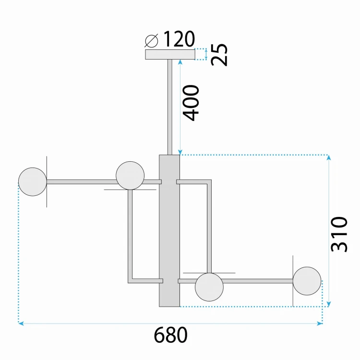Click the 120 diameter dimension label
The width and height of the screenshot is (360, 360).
179,39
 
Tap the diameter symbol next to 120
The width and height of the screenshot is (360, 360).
152,41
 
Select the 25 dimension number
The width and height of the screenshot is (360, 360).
219,55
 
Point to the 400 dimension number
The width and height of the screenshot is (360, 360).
191,103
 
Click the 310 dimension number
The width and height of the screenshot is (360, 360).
339,234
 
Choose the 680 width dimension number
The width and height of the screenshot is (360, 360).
170,335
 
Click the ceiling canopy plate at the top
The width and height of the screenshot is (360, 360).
170,54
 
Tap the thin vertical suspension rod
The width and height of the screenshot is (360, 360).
170,107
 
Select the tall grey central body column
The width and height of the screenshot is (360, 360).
169,231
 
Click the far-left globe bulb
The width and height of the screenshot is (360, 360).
33,182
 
